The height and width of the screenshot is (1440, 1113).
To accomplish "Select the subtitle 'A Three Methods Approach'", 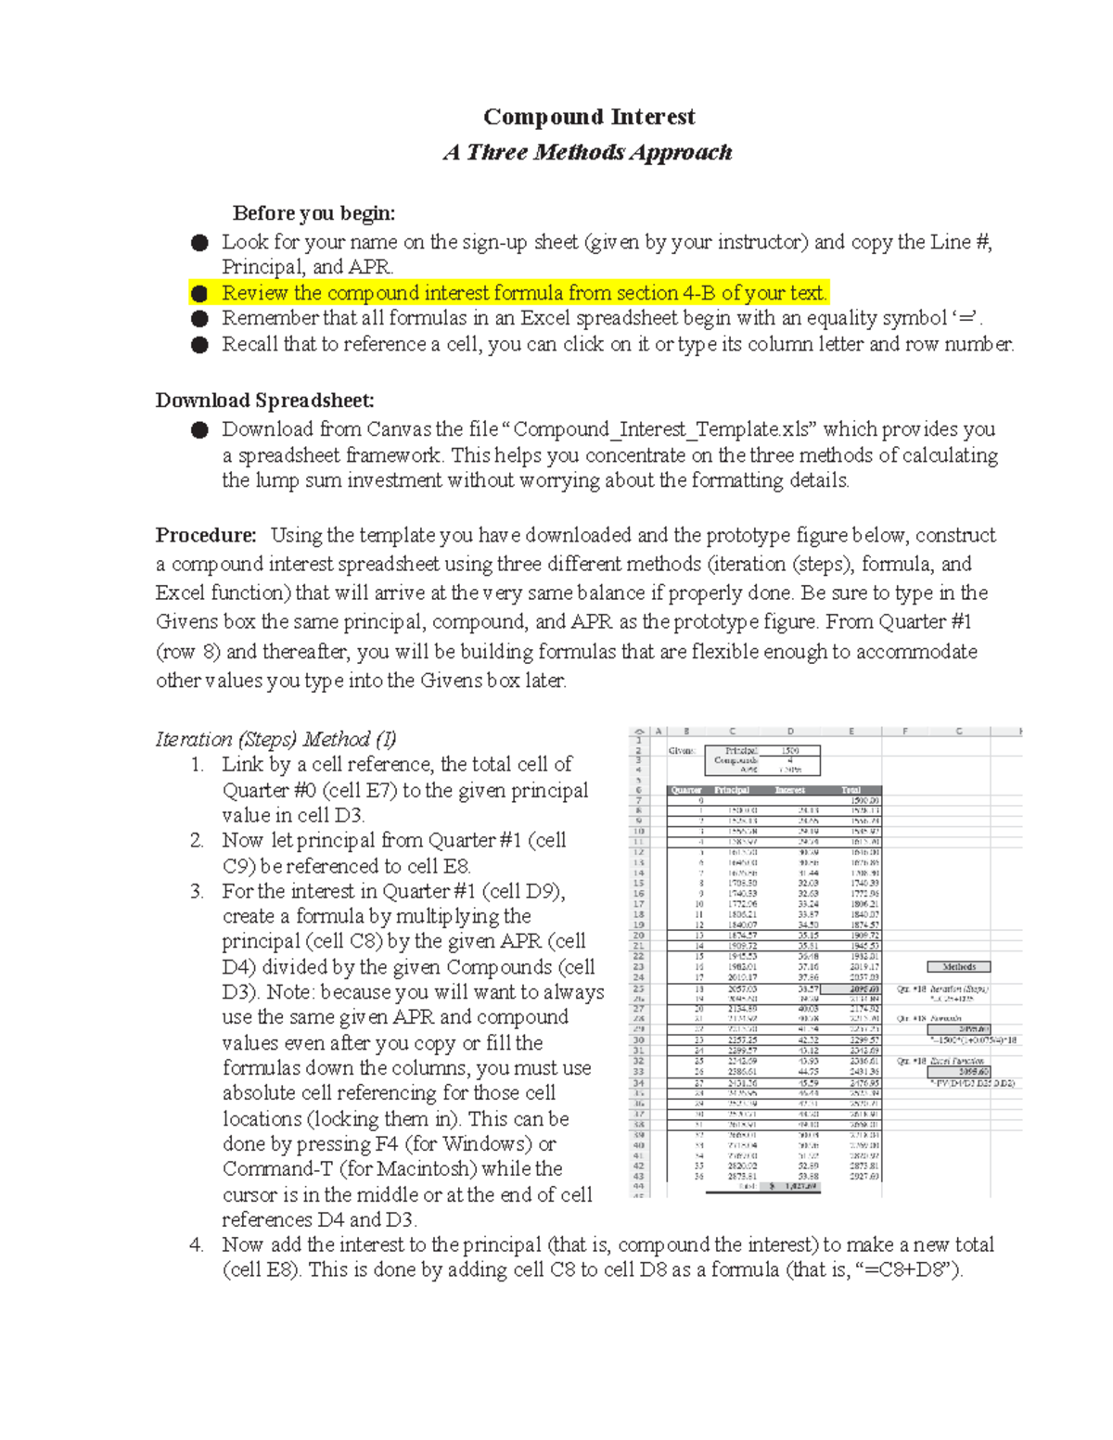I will click(x=588, y=152).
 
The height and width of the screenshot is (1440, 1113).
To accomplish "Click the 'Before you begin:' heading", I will click(x=313, y=213).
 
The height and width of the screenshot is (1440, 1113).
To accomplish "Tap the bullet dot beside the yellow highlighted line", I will click(x=199, y=294).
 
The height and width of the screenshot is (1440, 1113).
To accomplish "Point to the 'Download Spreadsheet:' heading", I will click(x=264, y=401).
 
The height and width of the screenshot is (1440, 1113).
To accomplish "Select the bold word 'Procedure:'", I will click(x=206, y=535).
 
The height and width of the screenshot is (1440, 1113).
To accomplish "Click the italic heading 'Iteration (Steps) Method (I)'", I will click(x=275, y=739).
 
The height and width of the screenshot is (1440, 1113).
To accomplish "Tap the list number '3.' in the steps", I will click(x=197, y=891).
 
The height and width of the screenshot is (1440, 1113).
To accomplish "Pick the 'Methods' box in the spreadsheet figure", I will click(x=959, y=966).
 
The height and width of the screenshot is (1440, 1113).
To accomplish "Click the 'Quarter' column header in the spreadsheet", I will click(x=686, y=790).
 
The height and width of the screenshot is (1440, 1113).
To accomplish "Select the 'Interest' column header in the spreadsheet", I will click(x=790, y=790).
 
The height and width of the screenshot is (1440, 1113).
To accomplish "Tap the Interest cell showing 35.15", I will click(x=808, y=936).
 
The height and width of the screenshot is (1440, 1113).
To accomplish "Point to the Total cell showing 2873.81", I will click(x=863, y=1166).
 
